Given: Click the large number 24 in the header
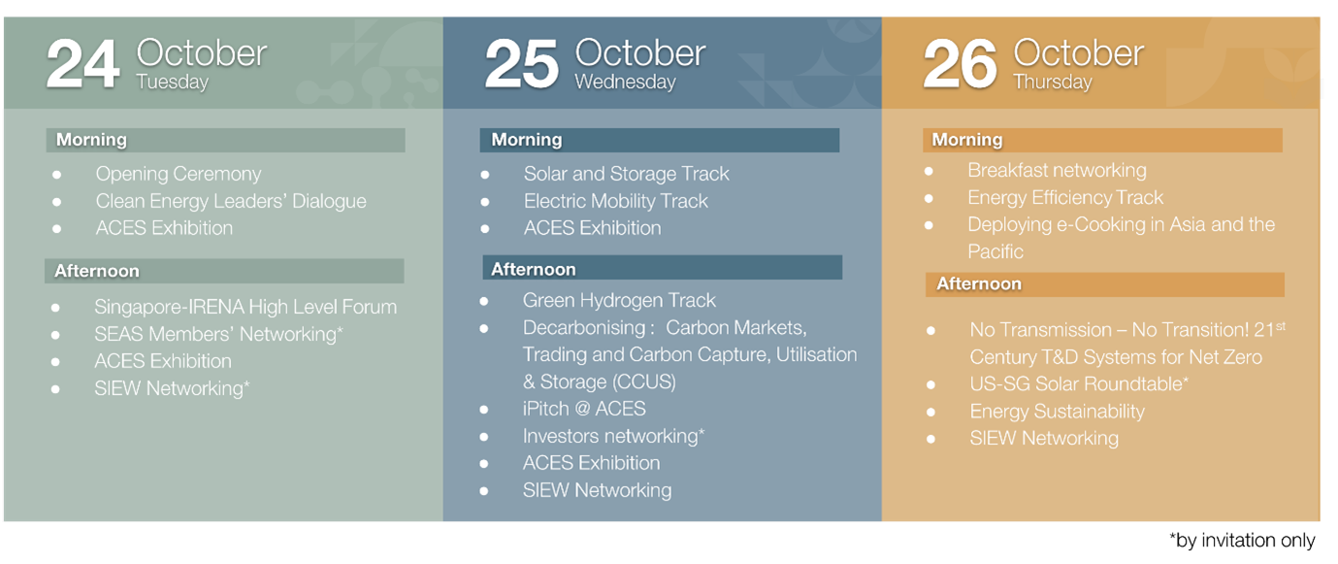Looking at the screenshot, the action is tap(83, 64).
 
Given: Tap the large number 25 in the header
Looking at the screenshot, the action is tap(521, 64).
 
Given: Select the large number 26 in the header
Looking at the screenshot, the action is tap(960, 64).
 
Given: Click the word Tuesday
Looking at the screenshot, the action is tap(172, 82).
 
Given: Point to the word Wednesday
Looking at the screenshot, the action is tap(625, 82).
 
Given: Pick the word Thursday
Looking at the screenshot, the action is tap(1053, 82).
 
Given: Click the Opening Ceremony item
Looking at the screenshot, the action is tap(178, 174).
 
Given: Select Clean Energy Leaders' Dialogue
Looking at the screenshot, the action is tap(231, 201).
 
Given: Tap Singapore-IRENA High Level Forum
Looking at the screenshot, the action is tap(245, 307).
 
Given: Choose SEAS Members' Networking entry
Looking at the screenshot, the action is tap(218, 334).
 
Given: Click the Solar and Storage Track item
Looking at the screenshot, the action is tap(626, 174).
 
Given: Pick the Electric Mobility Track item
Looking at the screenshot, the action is tap(615, 201).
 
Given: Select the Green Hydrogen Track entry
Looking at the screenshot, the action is tap(619, 301).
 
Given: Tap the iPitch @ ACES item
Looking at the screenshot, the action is tap(584, 409).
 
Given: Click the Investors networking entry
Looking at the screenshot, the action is tap(613, 436).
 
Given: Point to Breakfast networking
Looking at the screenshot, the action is tap(1057, 170).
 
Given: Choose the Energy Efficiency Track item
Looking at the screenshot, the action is tap(1065, 198).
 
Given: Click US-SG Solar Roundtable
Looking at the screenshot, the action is tap(1079, 383).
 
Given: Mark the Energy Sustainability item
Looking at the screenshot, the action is tap(1057, 411).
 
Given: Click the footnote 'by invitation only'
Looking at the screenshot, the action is tap(1242, 540).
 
